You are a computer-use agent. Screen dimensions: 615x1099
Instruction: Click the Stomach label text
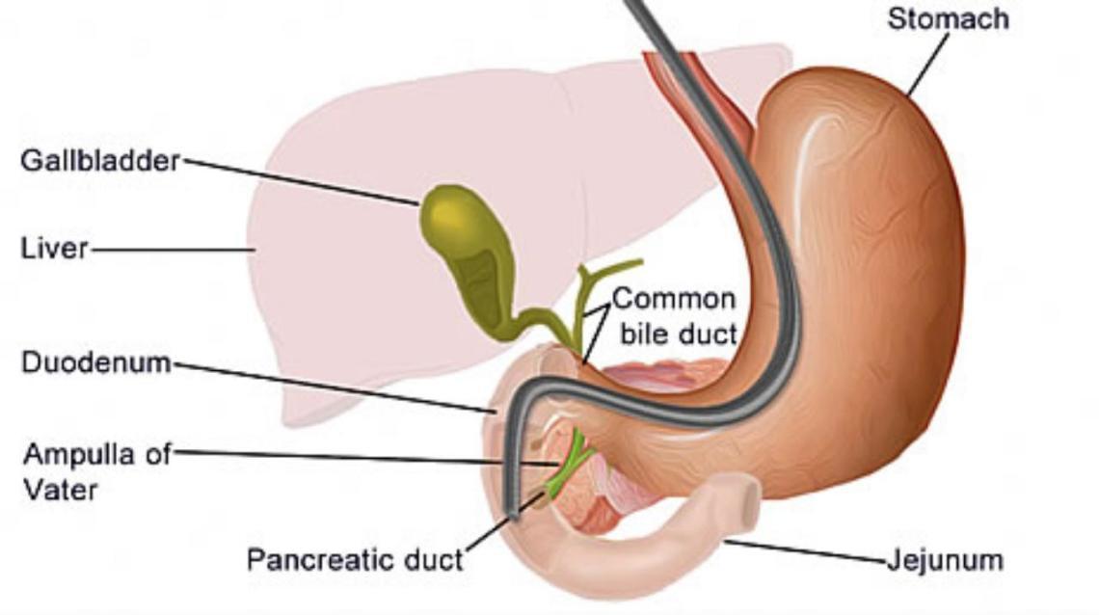tap(948, 18)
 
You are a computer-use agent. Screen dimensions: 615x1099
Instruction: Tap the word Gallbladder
tap(100, 161)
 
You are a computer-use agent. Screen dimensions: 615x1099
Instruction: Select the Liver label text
tap(54, 249)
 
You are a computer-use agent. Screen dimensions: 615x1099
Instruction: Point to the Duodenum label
tap(95, 363)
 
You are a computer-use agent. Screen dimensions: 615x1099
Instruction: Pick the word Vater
tap(60, 489)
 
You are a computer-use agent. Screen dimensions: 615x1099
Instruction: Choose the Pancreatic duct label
tap(355, 559)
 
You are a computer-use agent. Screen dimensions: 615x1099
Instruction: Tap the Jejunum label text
tap(945, 559)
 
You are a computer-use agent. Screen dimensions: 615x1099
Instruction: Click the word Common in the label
tap(673, 298)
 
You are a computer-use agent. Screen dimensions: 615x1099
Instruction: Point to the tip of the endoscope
tap(514, 516)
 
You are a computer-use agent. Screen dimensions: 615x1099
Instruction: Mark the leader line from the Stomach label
tap(928, 64)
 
